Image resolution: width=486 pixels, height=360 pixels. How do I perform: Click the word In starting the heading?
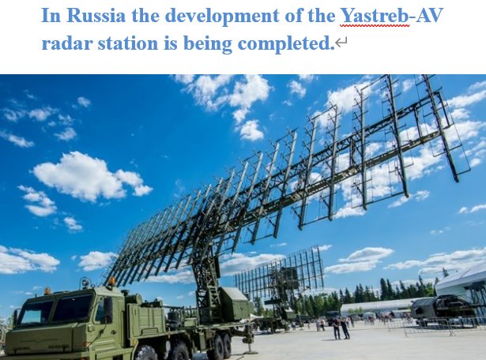tap(51, 16)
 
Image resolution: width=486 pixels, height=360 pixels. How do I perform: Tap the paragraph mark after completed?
tap(341, 44)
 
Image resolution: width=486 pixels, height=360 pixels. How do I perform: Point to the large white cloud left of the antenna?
tap(87, 176)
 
